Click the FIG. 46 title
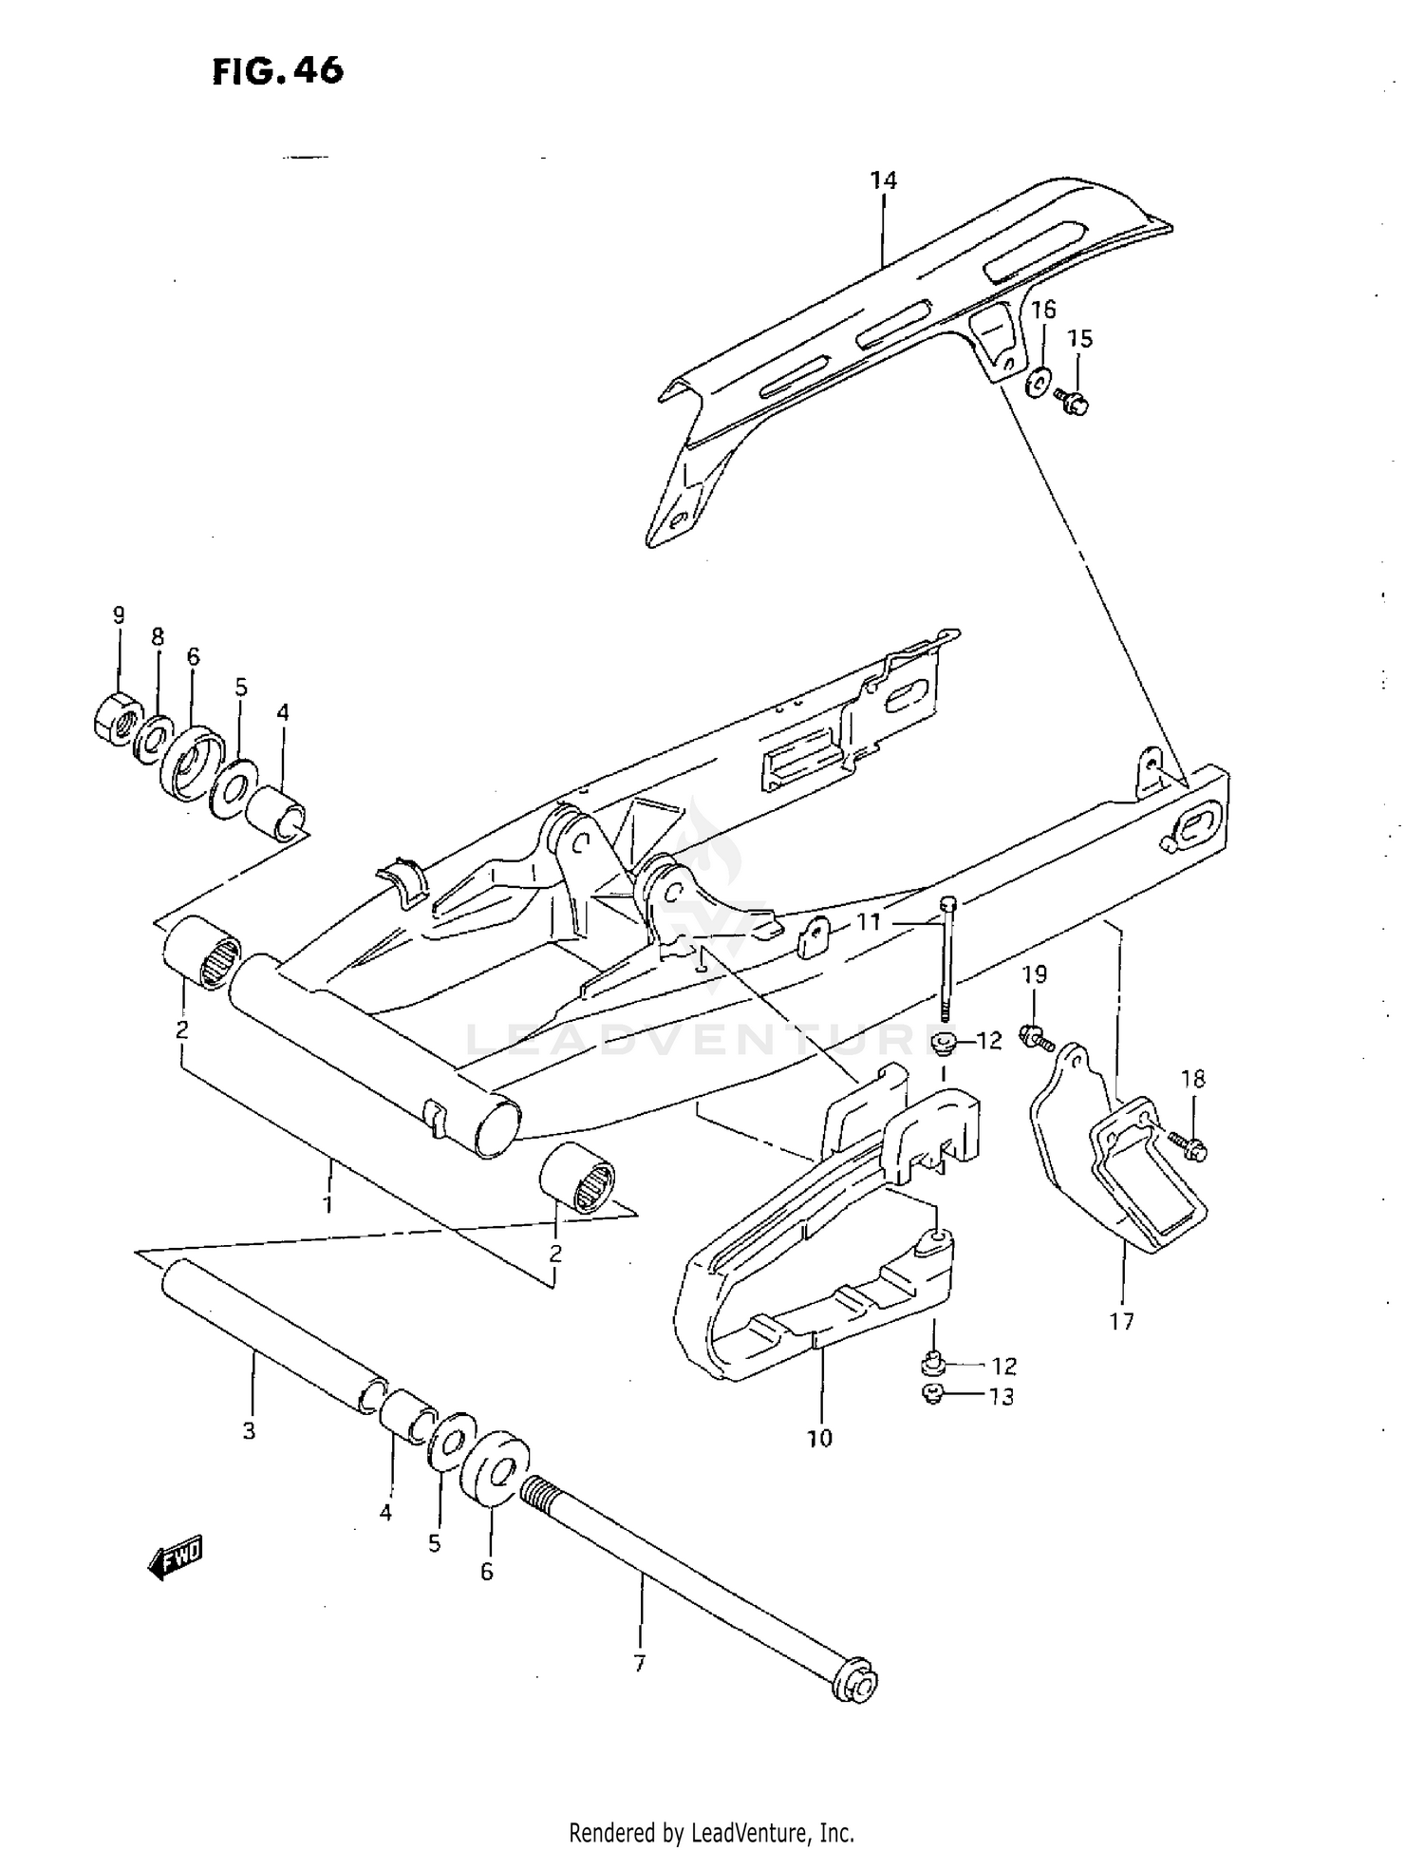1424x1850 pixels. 277,70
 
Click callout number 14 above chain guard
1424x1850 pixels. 883,179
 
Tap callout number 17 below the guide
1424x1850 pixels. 1121,1320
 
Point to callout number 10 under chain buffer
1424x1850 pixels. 819,1438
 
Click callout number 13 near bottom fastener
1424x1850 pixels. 1002,1397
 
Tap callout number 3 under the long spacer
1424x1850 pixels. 249,1431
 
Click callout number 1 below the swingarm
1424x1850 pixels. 328,1204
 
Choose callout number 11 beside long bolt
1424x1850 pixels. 869,920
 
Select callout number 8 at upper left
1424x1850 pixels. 158,637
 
